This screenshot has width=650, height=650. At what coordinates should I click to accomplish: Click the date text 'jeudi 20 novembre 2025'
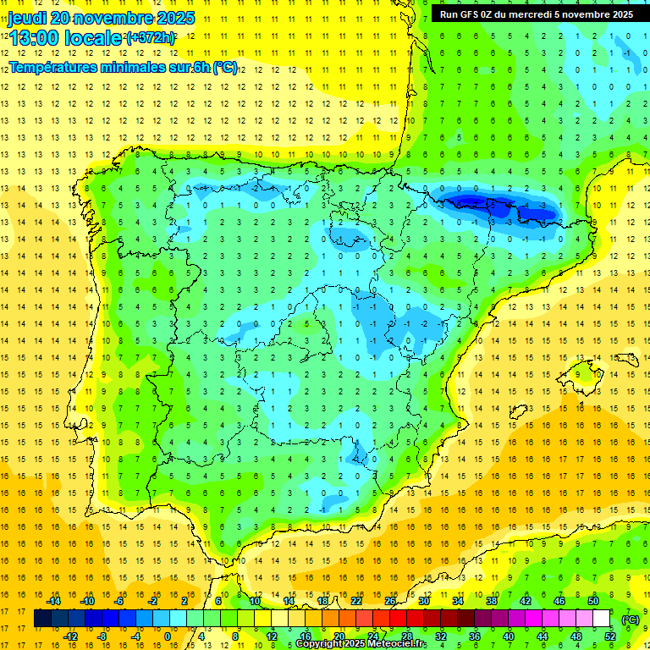[x=102, y=18]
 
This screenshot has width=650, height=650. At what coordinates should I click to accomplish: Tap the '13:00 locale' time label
[x=65, y=37]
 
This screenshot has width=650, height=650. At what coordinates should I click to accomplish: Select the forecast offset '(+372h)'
[x=151, y=38]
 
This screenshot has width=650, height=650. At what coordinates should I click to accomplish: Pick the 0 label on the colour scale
[x=167, y=636]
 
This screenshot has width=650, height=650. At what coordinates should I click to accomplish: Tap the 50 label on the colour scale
[x=593, y=600]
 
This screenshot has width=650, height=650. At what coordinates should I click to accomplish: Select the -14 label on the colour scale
[x=54, y=600]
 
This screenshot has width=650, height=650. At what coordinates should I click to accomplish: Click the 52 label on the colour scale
[x=610, y=636]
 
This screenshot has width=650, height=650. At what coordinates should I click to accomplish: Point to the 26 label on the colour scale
[x=390, y=600]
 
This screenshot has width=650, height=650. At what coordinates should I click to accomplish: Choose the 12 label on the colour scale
[x=271, y=636]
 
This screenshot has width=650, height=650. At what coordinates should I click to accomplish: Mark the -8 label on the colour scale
[x=103, y=636]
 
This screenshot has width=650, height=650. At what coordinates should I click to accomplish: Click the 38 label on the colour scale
[x=492, y=600]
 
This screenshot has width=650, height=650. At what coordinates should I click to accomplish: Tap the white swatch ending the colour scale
[x=601, y=619]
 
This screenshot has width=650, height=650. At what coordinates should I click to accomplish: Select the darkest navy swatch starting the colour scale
[x=42, y=619]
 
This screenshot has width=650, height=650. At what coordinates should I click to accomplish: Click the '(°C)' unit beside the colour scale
[x=631, y=619]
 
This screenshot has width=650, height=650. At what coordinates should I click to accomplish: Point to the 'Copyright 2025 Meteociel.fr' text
[x=361, y=644]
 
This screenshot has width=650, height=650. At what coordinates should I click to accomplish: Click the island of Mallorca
[x=585, y=372]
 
